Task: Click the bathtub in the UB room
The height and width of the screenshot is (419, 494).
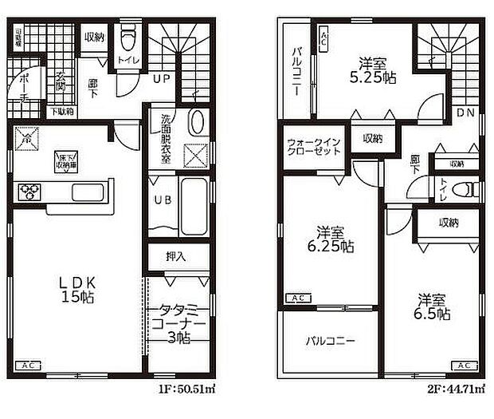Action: (x=190, y=200)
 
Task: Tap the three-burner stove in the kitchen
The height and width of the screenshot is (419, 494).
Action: (x=32, y=191)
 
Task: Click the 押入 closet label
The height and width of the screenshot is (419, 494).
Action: (x=176, y=257)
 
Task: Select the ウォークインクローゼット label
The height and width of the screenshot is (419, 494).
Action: (x=315, y=148)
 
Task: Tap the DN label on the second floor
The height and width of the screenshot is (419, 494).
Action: (x=465, y=113)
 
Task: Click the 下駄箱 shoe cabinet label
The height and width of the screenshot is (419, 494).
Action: (x=62, y=112)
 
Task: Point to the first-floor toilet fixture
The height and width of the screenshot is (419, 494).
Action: (x=128, y=38)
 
